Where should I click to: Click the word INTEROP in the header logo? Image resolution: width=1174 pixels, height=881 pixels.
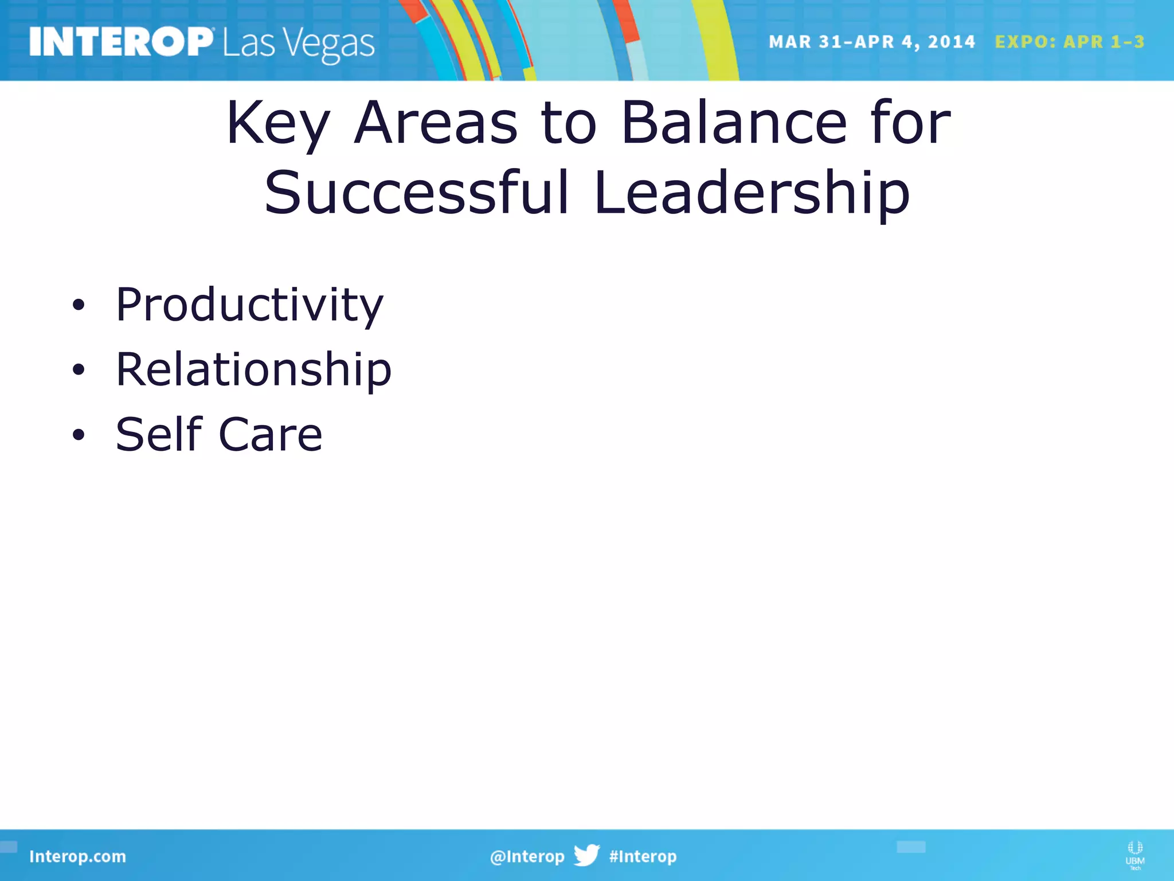click(x=121, y=42)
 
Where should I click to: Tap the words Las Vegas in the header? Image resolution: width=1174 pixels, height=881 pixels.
click(x=299, y=44)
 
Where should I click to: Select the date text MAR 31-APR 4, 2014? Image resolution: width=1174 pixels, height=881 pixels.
click(x=871, y=42)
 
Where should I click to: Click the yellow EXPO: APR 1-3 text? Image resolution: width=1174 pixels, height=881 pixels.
click(x=1070, y=42)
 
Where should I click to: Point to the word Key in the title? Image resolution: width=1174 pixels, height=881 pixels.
click(x=278, y=123)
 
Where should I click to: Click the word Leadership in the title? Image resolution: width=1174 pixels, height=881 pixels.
click(x=752, y=194)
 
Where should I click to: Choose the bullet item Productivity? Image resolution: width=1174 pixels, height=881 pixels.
click(x=249, y=305)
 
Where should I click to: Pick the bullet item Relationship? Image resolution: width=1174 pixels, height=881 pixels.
click(x=253, y=370)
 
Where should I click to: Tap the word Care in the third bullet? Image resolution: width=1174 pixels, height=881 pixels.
click(x=270, y=435)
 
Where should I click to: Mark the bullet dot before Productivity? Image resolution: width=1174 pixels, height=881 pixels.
click(x=79, y=306)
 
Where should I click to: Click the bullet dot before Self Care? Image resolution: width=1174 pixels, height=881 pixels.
click(x=79, y=435)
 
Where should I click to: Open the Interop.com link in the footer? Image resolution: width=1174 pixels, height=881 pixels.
click(x=77, y=856)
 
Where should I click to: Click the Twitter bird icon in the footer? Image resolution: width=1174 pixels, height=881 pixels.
click(x=586, y=855)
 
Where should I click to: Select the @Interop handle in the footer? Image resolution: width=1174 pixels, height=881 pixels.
click(x=527, y=856)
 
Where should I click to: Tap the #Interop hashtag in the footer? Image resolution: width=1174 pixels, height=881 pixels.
click(x=643, y=856)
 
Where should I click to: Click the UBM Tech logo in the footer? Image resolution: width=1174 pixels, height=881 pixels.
click(x=1134, y=855)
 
